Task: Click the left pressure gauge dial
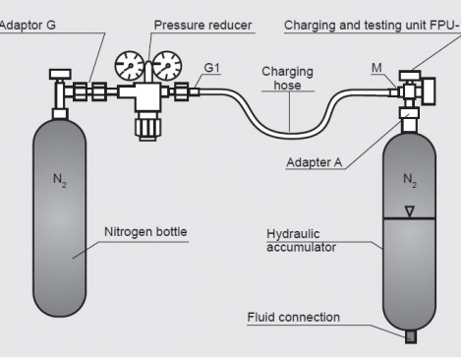click(130, 66)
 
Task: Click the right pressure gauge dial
click(167, 66)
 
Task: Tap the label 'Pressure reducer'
click(202, 26)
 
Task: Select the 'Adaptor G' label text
click(28, 26)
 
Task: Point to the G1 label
click(211, 68)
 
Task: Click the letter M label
click(376, 68)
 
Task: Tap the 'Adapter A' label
click(315, 162)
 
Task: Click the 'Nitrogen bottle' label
click(145, 232)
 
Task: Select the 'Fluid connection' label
click(294, 317)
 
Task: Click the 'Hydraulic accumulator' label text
click(301, 240)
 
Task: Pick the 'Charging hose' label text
click(287, 78)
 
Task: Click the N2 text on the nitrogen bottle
click(60, 180)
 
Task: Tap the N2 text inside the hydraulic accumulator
click(410, 180)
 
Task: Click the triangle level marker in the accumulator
click(410, 211)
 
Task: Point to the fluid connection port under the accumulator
click(411, 337)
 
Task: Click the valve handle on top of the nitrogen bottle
click(60, 74)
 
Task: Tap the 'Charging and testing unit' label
click(372, 26)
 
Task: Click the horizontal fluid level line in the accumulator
click(410, 218)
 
